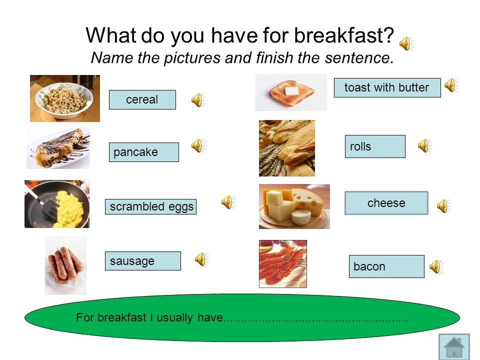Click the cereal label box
[142, 99]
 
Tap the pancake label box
[144, 152]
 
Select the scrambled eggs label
[150, 206]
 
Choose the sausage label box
[143, 261]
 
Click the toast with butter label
[387, 88]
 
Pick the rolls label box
[375, 146]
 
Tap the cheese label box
[386, 203]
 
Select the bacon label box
[386, 266]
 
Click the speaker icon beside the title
[406, 43]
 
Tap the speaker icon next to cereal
[198, 100]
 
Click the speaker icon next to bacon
[436, 266]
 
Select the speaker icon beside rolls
[425, 145]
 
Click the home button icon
[454, 346]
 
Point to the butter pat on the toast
[291, 91]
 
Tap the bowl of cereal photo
[65, 98]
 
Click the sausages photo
[65, 265]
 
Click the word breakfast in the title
[344, 35]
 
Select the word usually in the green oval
[174, 318]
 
